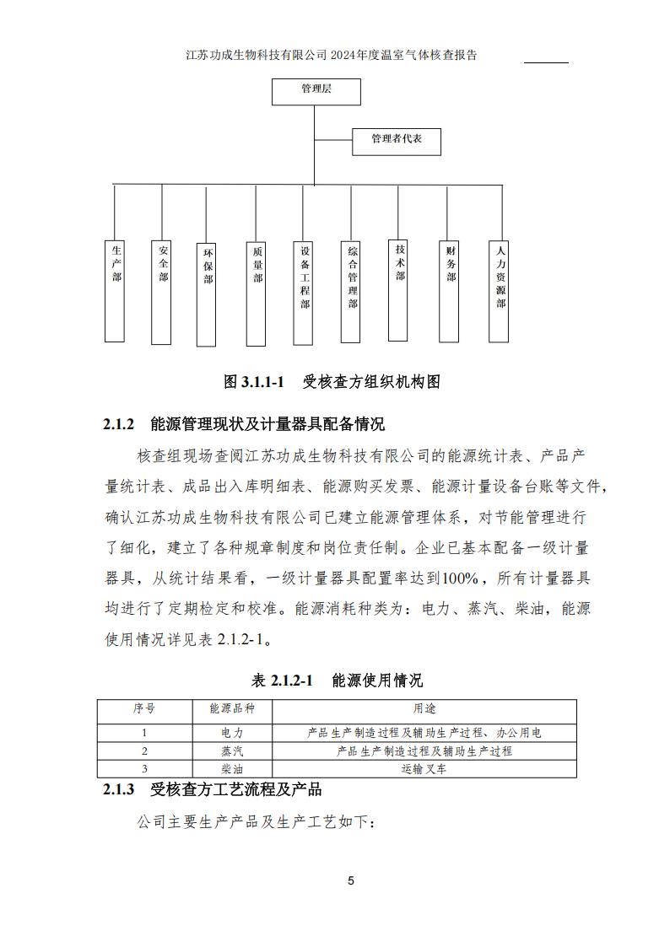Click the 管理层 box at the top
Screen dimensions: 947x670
coord(316,92)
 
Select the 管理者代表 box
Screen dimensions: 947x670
coord(396,141)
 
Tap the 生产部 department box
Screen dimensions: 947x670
coord(116,292)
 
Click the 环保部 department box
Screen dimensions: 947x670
coord(208,294)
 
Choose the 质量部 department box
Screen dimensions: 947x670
coord(258,292)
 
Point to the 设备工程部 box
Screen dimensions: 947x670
coord(305,293)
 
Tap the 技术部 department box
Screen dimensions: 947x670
coord(400,291)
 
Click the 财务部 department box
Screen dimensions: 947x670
coord(451,292)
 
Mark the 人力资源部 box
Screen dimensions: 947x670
coord(500,292)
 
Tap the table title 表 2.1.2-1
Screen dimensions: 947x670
coord(337,681)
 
